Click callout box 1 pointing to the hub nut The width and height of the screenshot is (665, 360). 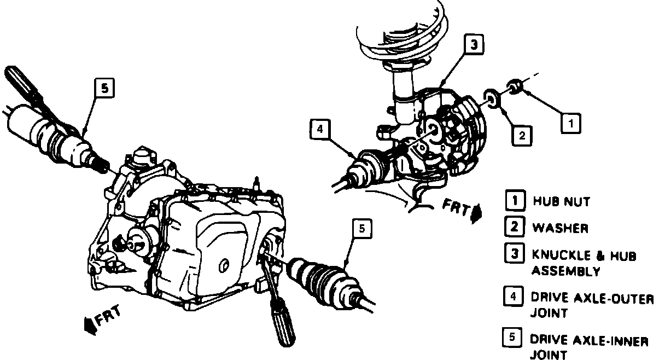[571, 123]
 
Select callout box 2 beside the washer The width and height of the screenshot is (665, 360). [522, 136]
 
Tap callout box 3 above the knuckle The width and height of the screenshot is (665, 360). [474, 44]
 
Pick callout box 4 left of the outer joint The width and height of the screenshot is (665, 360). [320, 129]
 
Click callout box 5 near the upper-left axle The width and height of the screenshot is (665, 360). [105, 88]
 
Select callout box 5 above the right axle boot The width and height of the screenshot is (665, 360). [362, 229]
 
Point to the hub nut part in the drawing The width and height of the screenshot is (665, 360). [516, 86]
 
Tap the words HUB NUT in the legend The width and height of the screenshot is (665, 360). [562, 201]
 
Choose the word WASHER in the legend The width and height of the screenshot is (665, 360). [561, 228]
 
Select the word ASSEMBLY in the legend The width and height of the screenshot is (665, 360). [566, 271]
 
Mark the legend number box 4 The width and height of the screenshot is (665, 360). [514, 296]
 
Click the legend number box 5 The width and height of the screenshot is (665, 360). [512, 337]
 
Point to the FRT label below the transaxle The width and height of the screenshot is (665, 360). [108, 316]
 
